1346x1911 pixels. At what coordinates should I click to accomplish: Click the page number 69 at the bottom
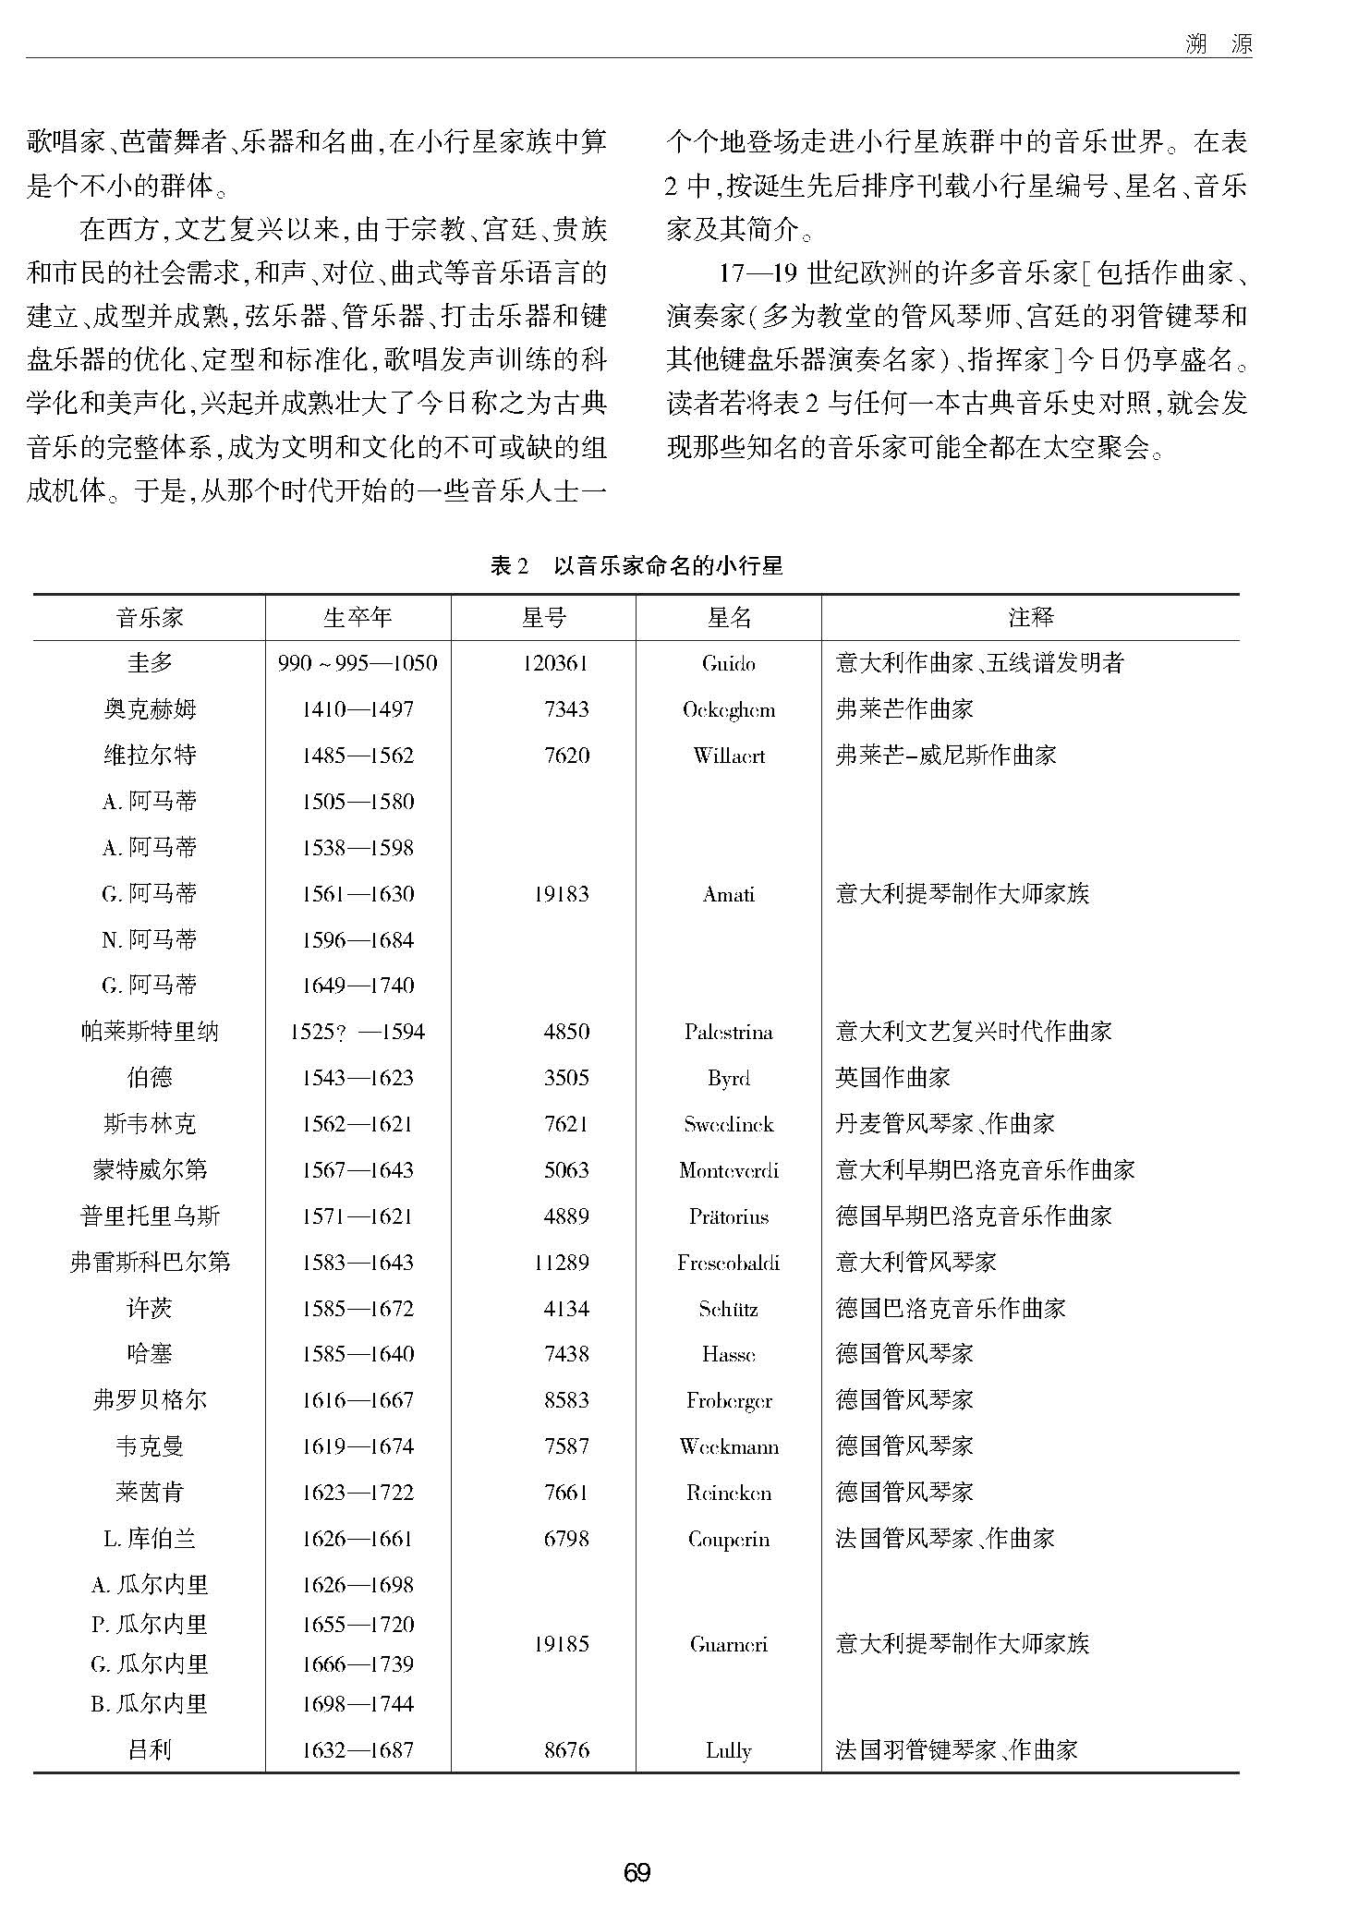[x=637, y=1872]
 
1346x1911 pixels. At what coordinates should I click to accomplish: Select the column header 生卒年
[x=358, y=617]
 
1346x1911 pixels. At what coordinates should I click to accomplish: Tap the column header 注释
[x=1030, y=617]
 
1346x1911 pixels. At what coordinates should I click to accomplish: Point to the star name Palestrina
[x=728, y=1032]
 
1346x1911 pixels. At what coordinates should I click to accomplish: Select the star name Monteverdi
[x=728, y=1170]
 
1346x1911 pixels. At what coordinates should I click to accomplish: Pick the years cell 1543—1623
[x=358, y=1078]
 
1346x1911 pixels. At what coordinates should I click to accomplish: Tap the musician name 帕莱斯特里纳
[x=150, y=1032]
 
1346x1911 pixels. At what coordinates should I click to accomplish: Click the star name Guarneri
[x=728, y=1644]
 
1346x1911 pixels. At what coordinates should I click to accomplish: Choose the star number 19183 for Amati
[x=561, y=894]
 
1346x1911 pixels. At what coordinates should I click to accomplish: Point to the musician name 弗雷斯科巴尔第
[x=150, y=1262]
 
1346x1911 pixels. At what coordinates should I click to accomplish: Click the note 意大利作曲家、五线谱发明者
[x=979, y=663]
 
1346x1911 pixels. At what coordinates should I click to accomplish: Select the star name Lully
[x=728, y=1749]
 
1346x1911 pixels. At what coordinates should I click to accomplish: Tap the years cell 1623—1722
[x=358, y=1492]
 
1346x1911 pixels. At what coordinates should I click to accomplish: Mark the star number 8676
[x=566, y=1749]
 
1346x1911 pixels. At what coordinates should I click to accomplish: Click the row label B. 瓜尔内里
[x=150, y=1703]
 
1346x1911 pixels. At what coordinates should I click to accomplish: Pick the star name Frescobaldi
[x=728, y=1262]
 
